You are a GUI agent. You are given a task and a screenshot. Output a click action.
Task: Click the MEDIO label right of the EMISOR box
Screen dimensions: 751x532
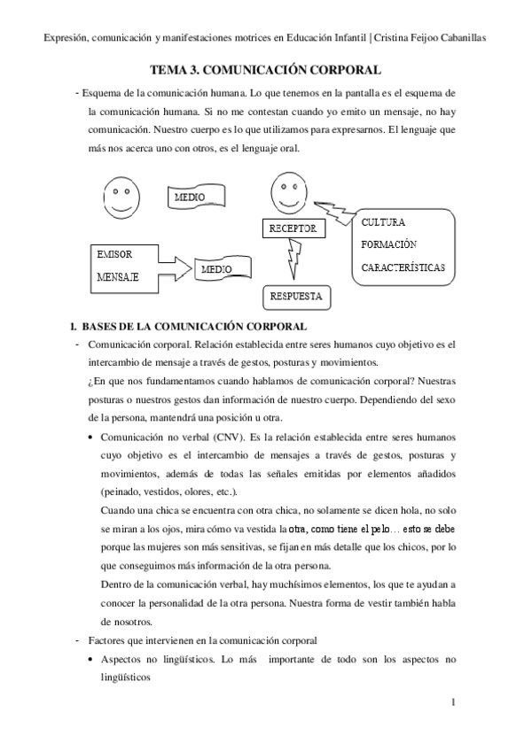(x=217, y=268)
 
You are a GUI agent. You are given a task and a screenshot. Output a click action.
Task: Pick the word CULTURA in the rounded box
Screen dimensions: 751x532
(x=384, y=222)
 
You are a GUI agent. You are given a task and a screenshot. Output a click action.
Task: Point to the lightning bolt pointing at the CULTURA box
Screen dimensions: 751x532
(x=336, y=211)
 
